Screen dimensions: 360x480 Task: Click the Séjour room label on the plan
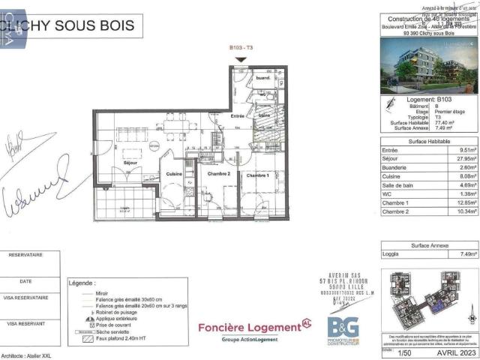[x=130, y=162]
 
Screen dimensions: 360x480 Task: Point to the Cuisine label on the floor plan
[x=175, y=174]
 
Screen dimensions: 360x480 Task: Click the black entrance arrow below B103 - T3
[x=240, y=60]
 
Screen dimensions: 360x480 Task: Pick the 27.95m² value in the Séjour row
[x=459, y=159]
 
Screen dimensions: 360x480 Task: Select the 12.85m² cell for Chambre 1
[x=459, y=203]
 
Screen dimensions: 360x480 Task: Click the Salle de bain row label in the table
[x=399, y=185]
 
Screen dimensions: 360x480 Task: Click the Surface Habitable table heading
[x=429, y=141]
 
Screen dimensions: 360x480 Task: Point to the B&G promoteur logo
[x=343, y=328]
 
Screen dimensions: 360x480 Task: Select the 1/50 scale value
[x=405, y=351]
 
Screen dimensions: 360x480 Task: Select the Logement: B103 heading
[x=428, y=99]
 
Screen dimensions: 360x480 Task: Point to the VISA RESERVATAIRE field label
[x=28, y=298]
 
